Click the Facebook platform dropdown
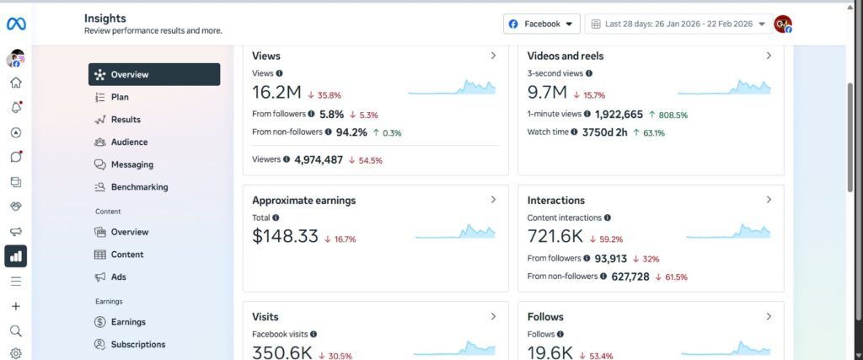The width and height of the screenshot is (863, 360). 542,24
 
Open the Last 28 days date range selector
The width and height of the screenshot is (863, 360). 678,24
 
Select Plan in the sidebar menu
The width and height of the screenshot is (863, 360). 120,97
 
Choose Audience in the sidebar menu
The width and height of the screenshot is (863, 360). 129,142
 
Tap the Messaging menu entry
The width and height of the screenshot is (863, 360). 132,164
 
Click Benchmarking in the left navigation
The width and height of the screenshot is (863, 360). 139,187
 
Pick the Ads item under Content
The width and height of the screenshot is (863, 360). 118,277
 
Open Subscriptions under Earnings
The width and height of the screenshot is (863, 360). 138,345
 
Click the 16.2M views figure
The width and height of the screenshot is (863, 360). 276,93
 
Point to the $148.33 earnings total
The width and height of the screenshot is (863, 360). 285,236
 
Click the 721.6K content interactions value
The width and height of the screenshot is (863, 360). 555,236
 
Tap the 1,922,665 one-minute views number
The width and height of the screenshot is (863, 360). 619,115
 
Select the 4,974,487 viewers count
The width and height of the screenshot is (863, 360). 318,160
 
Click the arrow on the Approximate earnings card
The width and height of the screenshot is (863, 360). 493,200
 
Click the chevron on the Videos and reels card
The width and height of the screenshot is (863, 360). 769,56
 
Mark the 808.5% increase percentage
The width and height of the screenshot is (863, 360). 668,115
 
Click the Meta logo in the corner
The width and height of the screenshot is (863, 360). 16,24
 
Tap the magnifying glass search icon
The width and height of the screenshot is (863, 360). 16,330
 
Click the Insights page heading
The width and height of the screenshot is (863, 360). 105,19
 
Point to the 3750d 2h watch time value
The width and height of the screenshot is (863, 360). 604,132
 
